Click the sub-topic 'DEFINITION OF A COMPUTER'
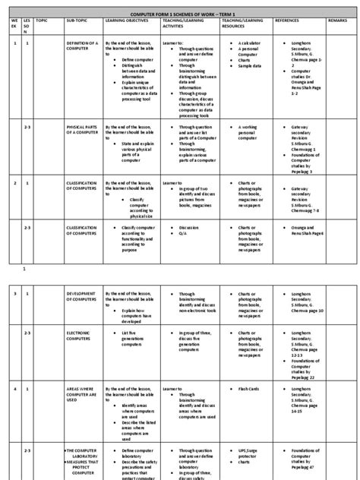(82, 47)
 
